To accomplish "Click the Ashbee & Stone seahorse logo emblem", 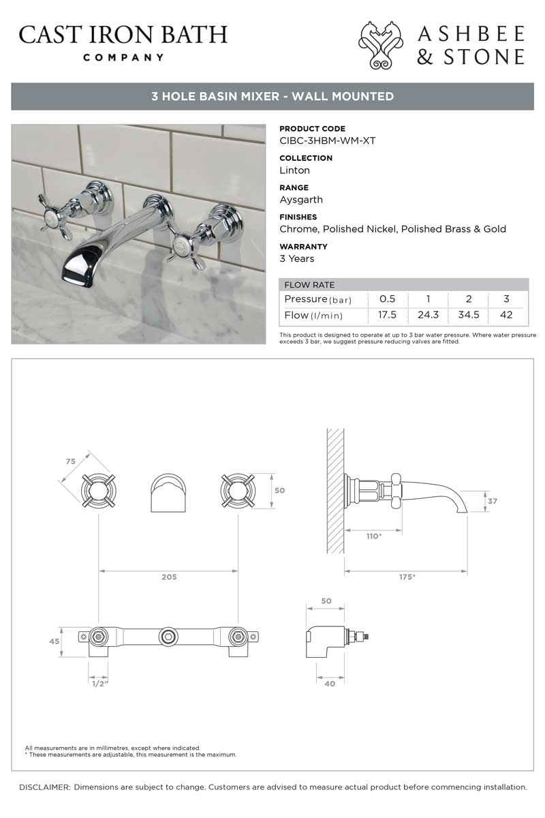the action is point(381,45).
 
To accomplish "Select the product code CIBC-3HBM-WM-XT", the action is point(328,141).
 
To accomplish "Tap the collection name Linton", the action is point(294,170).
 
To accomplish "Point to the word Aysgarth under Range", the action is point(301,200).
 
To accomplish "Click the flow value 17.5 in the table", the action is point(387,315).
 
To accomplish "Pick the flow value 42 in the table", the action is point(506,315).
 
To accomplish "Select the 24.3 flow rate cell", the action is point(428,315).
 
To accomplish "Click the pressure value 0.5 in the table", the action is point(387,299).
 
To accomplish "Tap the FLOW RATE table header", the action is point(309,285).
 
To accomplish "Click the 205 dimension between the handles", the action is point(169,577).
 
